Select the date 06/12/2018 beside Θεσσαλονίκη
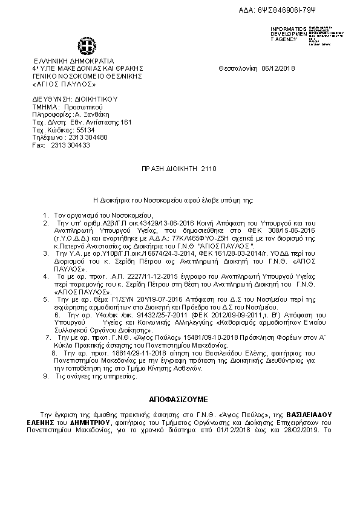277,69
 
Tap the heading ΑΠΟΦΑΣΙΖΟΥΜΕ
178,400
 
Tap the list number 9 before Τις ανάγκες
47,376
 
